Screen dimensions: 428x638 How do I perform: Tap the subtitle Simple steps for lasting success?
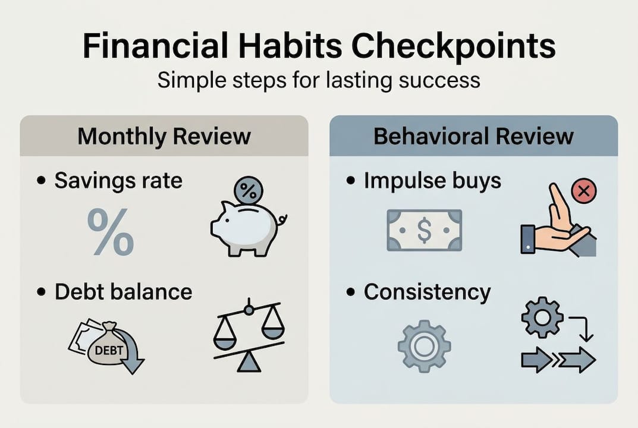(x=318, y=79)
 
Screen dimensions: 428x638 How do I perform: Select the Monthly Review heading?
(x=164, y=136)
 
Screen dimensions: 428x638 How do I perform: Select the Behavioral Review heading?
(x=473, y=136)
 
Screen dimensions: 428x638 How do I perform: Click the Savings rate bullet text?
(x=118, y=181)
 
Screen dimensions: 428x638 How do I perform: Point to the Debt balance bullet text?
(x=123, y=292)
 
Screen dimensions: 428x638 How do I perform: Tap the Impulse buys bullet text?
(x=432, y=181)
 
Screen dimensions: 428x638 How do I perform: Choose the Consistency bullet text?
(x=427, y=292)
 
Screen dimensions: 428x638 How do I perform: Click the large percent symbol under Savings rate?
(x=111, y=232)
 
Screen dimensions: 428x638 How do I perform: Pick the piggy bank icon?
(x=246, y=228)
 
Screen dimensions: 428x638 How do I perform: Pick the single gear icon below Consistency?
(x=424, y=346)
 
